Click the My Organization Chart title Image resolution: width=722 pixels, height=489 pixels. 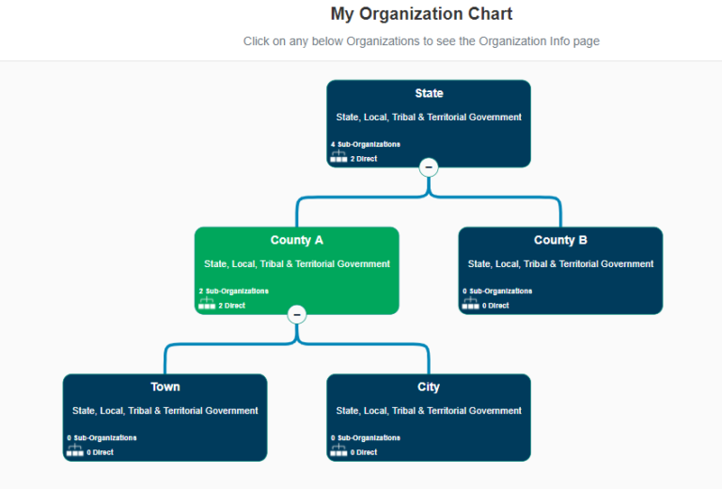[x=421, y=14]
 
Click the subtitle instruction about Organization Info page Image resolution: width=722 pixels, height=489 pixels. [x=421, y=41]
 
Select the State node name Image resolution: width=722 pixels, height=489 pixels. [x=429, y=93]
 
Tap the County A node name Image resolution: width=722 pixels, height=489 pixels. [x=297, y=240]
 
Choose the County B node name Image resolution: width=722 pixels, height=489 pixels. [x=560, y=240]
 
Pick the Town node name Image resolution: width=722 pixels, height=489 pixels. [x=165, y=386]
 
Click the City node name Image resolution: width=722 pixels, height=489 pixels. [x=429, y=386]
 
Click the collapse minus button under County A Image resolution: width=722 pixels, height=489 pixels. [x=297, y=314]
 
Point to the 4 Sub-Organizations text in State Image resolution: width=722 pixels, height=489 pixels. [x=366, y=144]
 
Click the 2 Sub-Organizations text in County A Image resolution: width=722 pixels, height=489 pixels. [x=234, y=291]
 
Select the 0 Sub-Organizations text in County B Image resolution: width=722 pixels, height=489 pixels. [x=497, y=291]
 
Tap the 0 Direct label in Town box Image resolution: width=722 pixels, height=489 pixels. [x=100, y=452]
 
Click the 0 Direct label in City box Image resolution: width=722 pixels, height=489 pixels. [x=363, y=452]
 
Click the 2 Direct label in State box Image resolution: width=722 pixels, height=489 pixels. [x=363, y=159]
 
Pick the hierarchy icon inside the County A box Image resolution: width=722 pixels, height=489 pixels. [x=207, y=304]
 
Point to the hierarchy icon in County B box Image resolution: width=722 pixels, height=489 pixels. [x=470, y=304]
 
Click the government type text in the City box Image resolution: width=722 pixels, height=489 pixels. [x=429, y=411]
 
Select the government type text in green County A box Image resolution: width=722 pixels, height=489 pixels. [x=297, y=264]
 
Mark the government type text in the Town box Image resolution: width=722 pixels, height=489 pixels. [x=165, y=411]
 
